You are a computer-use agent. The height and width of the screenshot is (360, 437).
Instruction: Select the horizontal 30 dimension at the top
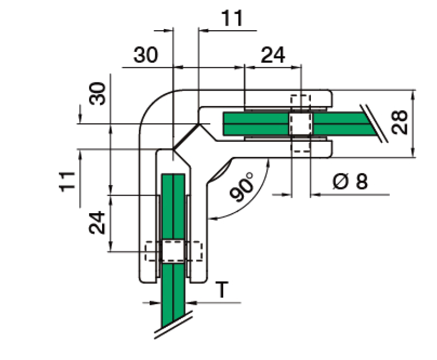(145, 55)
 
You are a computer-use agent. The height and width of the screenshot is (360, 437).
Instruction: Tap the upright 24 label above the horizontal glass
(273, 55)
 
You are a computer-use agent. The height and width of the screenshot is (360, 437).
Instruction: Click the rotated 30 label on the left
(98, 94)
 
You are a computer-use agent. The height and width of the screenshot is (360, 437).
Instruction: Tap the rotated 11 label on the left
(67, 181)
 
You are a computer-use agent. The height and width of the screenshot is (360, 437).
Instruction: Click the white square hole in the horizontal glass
(300, 124)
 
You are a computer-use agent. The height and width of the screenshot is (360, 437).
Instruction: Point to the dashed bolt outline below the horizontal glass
(300, 146)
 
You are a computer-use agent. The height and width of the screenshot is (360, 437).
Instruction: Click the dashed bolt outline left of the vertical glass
(152, 251)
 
